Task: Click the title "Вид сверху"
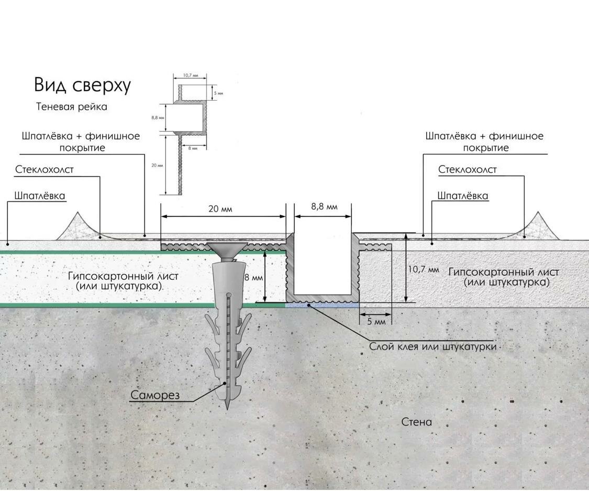pos(82,85)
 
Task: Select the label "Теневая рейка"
pos(72,107)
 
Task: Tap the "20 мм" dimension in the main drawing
pos(220,209)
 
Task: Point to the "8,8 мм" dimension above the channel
pos(324,206)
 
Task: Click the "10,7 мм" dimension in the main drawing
pos(423,269)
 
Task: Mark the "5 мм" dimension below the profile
pos(376,321)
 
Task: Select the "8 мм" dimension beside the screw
pos(253,277)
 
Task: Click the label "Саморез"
pos(155,395)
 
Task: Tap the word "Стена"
pos(417,422)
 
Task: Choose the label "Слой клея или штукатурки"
pos(432,347)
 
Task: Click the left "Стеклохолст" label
pos(45,170)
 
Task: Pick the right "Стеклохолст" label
pos(467,170)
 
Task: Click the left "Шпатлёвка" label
pos(40,196)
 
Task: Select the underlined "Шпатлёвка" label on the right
pos(463,196)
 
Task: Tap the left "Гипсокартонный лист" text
pos(123,276)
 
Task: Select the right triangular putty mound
pos(538,226)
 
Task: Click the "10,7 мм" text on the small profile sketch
pos(190,75)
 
